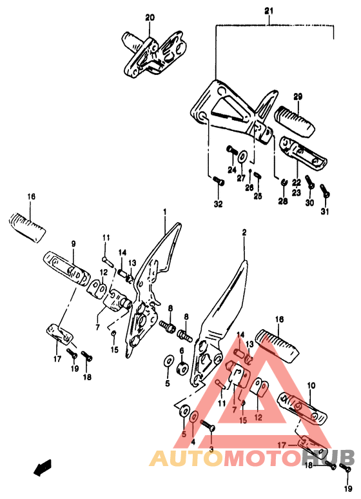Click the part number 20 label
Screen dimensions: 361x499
(x=150, y=17)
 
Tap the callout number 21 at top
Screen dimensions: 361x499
(x=269, y=11)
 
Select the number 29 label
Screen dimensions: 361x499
(x=298, y=96)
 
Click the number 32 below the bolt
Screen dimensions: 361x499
(x=219, y=204)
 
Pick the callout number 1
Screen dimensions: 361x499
(x=165, y=212)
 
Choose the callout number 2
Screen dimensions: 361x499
(x=244, y=232)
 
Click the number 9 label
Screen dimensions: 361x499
(x=73, y=244)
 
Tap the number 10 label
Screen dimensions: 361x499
(x=311, y=386)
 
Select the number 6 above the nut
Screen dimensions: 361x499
(x=182, y=351)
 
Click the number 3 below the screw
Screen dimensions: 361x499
(x=211, y=450)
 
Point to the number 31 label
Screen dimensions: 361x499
(x=324, y=211)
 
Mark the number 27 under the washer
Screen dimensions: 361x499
(x=241, y=178)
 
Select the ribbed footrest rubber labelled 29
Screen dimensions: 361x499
(x=294, y=121)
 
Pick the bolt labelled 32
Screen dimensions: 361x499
(x=218, y=182)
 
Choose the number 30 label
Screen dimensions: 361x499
(x=309, y=203)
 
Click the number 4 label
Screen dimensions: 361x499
(x=193, y=442)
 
